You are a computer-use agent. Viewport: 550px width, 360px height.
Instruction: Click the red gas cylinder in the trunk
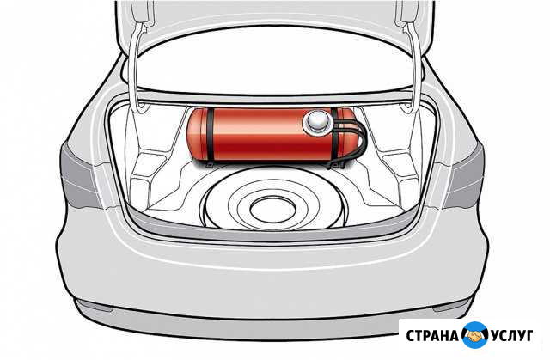(x=258, y=136)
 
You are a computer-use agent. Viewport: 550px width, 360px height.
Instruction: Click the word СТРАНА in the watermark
(x=431, y=333)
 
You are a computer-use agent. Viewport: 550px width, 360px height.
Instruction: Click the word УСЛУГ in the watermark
(x=514, y=333)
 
